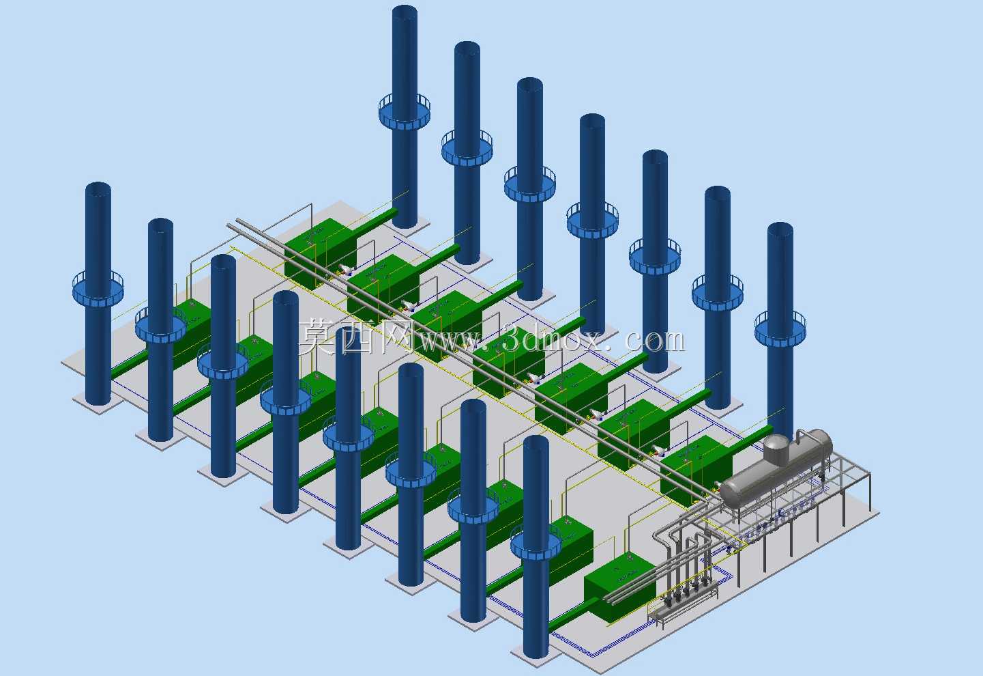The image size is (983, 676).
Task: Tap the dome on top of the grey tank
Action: pos(777,449)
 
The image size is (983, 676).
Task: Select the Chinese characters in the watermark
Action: pos(356,337)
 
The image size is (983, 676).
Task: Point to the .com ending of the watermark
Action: pos(649,341)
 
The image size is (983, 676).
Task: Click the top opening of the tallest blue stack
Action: pos(405,12)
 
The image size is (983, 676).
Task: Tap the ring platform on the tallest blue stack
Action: pos(404,112)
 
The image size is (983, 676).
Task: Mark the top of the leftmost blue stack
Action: pos(98,189)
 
